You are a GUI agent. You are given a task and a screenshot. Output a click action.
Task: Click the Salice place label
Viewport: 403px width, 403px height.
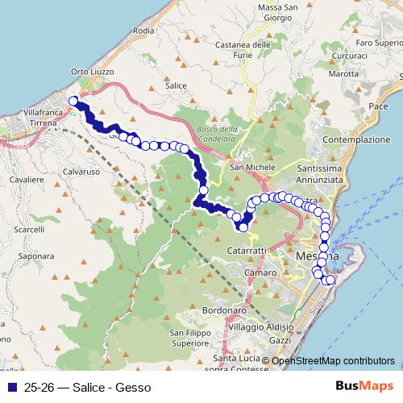coord(175,85)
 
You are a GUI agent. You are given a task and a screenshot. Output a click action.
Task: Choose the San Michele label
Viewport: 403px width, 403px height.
coord(248,168)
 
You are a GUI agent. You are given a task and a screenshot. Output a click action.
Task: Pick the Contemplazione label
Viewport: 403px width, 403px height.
coord(355,139)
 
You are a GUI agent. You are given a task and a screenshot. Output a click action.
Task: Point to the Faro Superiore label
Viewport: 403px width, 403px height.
coord(378,42)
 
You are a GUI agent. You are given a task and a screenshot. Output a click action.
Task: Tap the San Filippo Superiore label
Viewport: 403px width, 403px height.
coord(190,337)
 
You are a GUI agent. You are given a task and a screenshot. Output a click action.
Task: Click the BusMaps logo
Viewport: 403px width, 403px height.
coord(365,386)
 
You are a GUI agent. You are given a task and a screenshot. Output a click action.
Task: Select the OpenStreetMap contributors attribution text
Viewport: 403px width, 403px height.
coord(333,360)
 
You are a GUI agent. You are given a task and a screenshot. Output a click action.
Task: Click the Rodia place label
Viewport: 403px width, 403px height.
coord(143,31)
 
